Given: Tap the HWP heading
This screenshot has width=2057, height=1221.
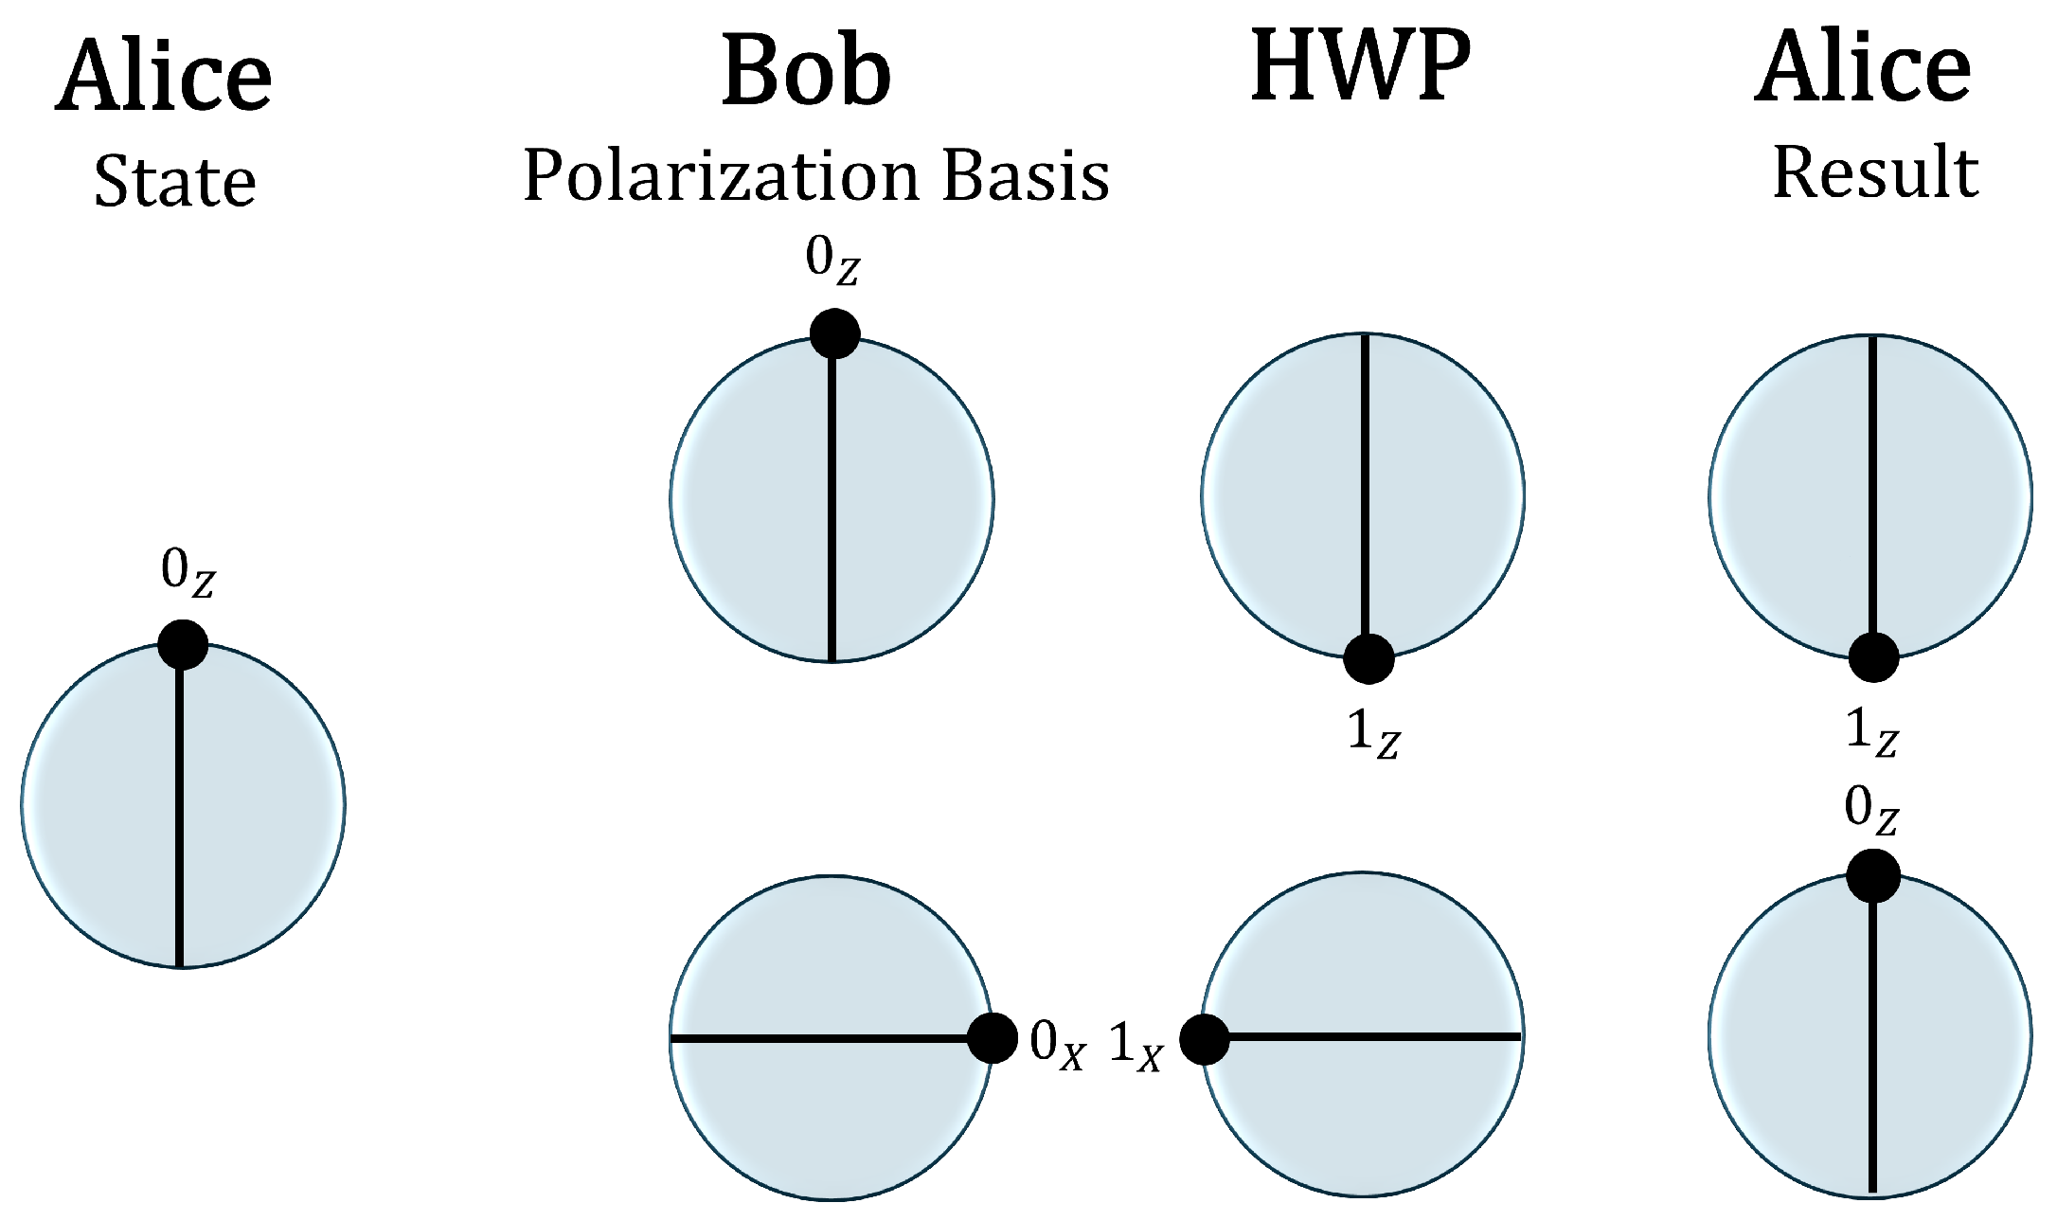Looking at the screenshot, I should point(1361,66).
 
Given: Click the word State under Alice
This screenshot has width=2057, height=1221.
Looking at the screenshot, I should point(175,182).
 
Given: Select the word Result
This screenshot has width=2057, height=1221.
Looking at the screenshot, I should point(1875,173).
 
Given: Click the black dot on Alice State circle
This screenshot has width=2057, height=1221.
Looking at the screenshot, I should point(182,645).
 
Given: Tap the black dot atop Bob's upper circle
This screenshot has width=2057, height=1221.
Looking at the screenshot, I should point(834,333).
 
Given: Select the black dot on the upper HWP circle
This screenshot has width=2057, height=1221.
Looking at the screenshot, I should point(1368,657).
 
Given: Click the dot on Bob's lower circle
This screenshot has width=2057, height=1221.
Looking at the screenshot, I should point(992,1039).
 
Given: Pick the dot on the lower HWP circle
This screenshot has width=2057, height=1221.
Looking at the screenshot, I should point(1205,1039).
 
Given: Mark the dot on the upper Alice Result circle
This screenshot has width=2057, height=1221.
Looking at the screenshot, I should point(1873,656).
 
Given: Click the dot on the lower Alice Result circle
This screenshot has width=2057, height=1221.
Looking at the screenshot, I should point(1872,875).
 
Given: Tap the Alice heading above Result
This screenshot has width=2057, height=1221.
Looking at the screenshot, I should point(1864,69).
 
